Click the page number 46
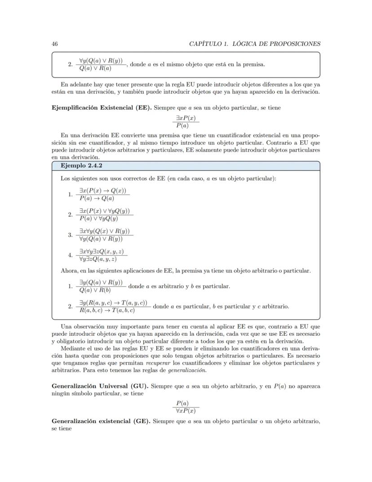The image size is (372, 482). tap(54, 44)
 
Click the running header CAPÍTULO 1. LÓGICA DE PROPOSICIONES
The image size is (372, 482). tap(255, 44)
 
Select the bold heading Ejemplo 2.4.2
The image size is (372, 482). tap(79, 166)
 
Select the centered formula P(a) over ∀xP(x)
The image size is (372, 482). tap(186, 407)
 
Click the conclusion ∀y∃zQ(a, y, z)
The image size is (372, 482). tap(98, 259)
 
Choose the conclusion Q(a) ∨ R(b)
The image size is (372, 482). tap(95, 290)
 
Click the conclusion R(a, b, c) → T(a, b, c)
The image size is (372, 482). tap(107, 310)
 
